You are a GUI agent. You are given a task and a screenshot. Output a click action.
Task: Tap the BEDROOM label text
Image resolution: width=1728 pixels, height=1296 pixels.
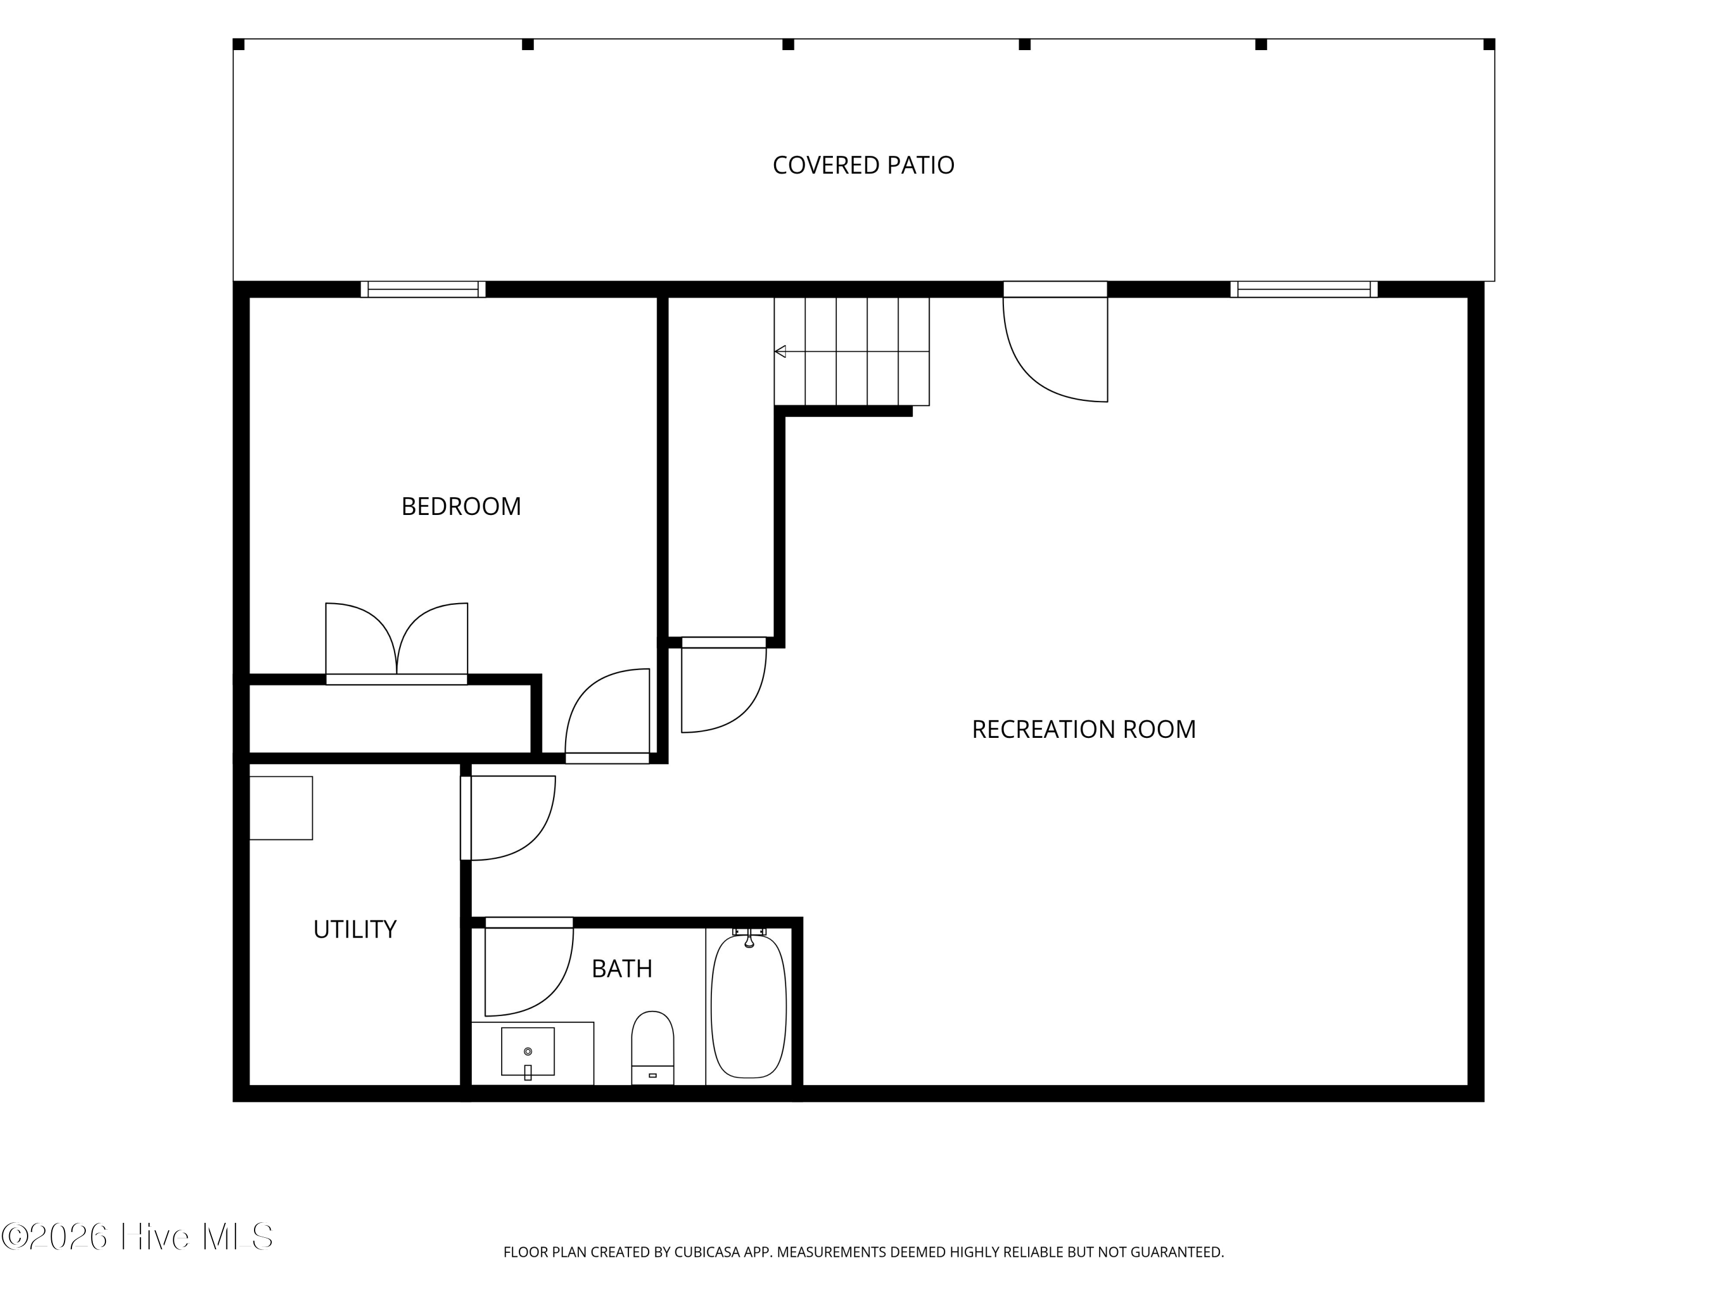click(x=461, y=506)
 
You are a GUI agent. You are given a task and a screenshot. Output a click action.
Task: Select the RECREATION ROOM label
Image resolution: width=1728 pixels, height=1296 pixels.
click(x=1083, y=729)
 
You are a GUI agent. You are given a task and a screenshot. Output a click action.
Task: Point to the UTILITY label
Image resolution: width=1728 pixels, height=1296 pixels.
click(x=355, y=929)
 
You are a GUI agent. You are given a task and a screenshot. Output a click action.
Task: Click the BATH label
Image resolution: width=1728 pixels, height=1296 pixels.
click(x=622, y=969)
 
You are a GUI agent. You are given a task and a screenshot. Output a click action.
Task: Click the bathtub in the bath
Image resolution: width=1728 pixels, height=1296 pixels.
click(x=748, y=1006)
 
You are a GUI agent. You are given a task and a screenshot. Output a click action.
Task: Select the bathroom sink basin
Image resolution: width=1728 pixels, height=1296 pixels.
click(x=527, y=1051)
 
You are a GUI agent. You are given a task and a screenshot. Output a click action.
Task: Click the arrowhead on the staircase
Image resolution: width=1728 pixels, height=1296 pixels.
click(x=780, y=351)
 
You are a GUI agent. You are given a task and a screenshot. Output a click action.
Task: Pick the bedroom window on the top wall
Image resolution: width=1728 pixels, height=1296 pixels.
click(x=423, y=289)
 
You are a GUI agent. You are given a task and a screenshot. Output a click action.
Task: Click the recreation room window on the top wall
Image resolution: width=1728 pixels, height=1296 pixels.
click(x=1304, y=289)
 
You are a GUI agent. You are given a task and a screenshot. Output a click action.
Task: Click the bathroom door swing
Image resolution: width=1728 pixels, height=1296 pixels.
click(x=529, y=971)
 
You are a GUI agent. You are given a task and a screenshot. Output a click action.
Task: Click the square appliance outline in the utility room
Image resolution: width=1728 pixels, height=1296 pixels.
click(x=281, y=808)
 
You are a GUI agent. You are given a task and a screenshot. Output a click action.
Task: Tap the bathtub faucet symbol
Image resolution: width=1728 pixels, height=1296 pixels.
click(x=749, y=937)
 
